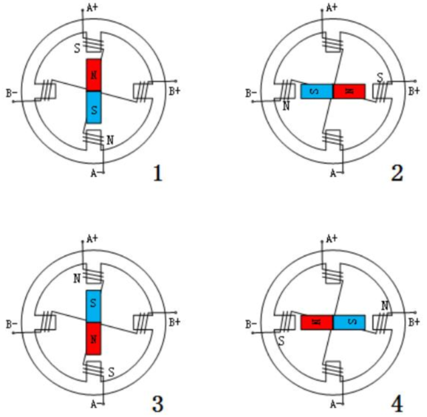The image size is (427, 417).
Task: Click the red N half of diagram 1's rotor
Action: pos(94,74)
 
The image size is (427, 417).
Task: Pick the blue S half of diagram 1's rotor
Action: pos(94,107)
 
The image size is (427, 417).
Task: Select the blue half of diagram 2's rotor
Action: pos(317,91)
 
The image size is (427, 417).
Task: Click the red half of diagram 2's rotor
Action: pos(349,91)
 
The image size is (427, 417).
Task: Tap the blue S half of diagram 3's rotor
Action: pos(94,306)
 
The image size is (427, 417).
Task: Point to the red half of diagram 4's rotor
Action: pos(317,322)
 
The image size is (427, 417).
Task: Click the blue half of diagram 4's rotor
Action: pos(349,322)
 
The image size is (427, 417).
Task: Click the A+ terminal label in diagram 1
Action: pos(92,8)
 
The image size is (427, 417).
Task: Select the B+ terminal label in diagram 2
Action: pos(414,91)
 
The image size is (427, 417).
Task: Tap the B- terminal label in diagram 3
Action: pos(11,324)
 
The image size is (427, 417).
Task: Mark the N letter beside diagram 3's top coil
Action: pos(76,276)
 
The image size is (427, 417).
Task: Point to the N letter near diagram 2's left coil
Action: pos(286,105)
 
